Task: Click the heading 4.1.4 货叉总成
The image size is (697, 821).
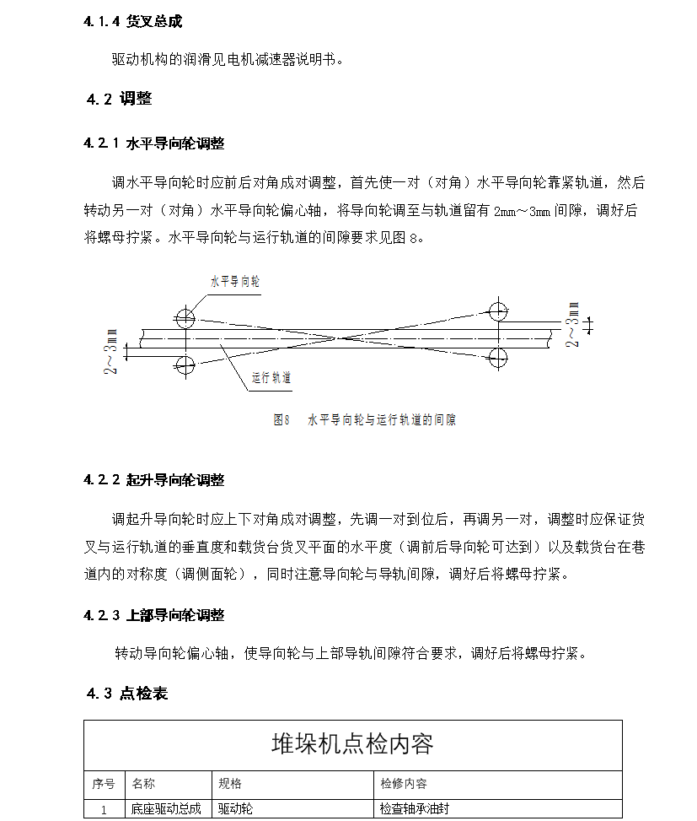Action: (x=132, y=21)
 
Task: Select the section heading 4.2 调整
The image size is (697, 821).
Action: (x=119, y=99)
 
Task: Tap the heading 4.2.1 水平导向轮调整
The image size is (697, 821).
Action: (x=153, y=143)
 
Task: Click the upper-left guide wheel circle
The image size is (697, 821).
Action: (x=185, y=318)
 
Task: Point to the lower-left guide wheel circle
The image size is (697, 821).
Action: (x=185, y=365)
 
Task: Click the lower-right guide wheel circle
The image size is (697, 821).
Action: (x=498, y=356)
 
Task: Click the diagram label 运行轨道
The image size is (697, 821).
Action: (x=271, y=379)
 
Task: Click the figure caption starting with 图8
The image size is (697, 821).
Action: (x=364, y=419)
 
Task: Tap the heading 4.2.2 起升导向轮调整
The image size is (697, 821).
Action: (x=153, y=480)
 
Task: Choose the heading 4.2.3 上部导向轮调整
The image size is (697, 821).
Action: (x=153, y=616)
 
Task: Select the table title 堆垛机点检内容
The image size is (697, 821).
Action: (x=352, y=743)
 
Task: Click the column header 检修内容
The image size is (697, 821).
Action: (x=404, y=784)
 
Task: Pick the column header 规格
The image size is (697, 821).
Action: (x=230, y=784)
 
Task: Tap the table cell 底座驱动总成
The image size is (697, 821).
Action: (x=166, y=809)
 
